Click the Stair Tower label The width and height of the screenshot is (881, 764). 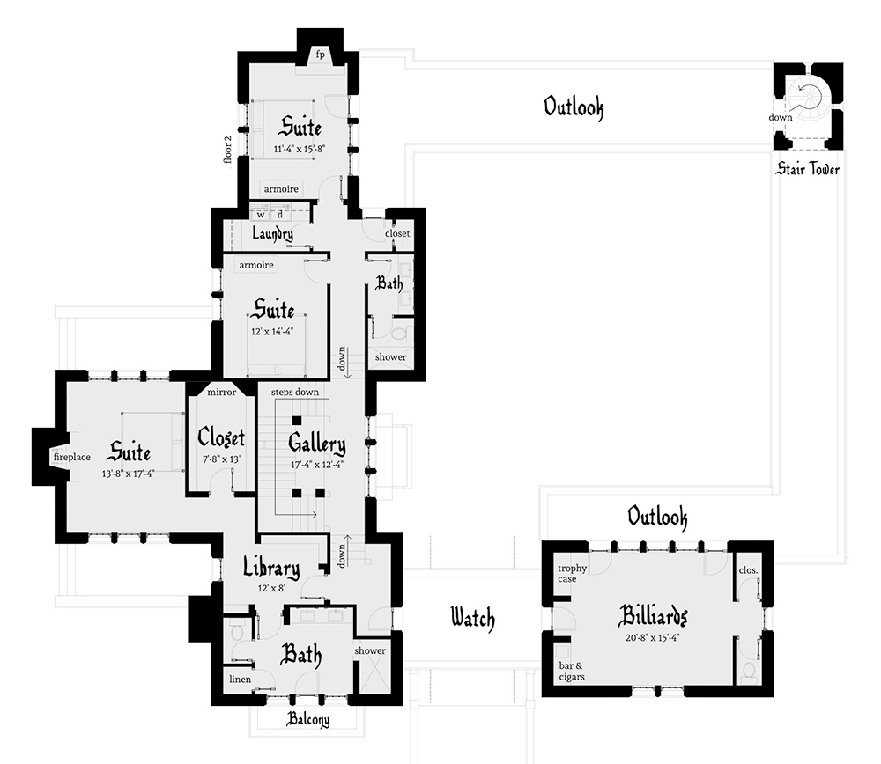pyautogui.click(x=807, y=169)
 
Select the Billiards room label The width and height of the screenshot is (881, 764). pyautogui.click(x=653, y=613)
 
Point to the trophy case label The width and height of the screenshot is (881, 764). pyautogui.click(x=572, y=574)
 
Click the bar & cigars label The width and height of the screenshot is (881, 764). pyautogui.click(x=572, y=671)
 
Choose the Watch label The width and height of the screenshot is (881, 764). pyautogui.click(x=472, y=618)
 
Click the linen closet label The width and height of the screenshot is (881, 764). pyautogui.click(x=240, y=679)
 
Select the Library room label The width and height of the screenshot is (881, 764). pyautogui.click(x=271, y=569)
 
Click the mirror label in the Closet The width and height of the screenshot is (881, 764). pyautogui.click(x=221, y=393)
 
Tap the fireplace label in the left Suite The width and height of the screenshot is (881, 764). pyautogui.click(x=72, y=458)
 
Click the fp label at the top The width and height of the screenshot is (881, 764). pyautogui.click(x=321, y=55)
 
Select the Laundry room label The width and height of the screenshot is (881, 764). pyautogui.click(x=272, y=233)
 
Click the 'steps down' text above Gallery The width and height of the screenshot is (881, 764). pyautogui.click(x=295, y=392)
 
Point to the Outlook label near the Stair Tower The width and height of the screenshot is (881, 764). pyautogui.click(x=574, y=107)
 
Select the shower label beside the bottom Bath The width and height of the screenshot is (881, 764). pyautogui.click(x=371, y=650)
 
